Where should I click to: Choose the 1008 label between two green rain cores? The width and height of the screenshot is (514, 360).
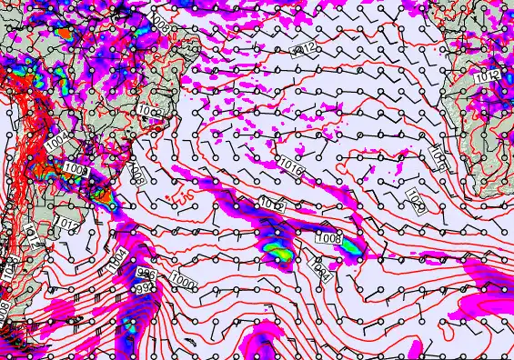[328, 238]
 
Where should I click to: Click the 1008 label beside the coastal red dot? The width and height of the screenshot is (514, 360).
[76, 169]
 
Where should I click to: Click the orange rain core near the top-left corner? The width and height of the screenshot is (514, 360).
[64, 34]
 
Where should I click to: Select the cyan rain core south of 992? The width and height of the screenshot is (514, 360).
[129, 324]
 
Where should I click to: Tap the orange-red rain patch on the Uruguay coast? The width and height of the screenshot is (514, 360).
[103, 192]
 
